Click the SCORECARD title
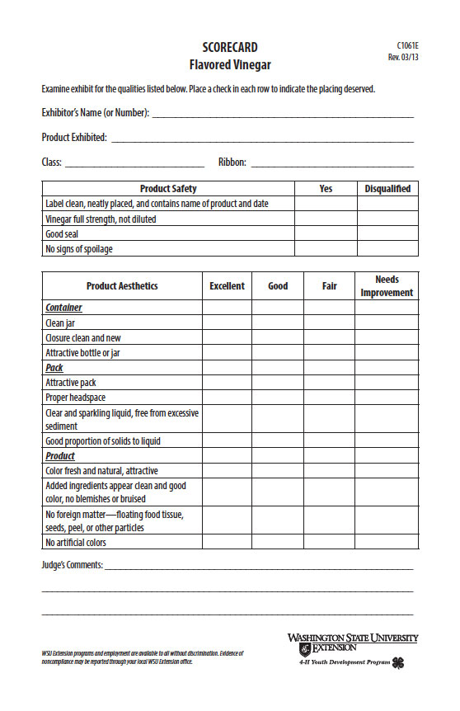[x=230, y=47]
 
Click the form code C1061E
[x=407, y=45]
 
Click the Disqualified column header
[x=387, y=189]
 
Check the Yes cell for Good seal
[x=326, y=234]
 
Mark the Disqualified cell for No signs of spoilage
[x=387, y=249]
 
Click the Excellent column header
[x=227, y=286]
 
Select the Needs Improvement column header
[x=387, y=286]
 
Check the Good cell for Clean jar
[x=278, y=323]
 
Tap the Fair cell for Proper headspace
[x=329, y=398]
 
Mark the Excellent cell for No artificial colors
[x=227, y=543]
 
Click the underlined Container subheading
[x=63, y=308]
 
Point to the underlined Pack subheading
[x=54, y=368]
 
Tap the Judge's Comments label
[x=73, y=565]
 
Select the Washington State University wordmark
[x=352, y=638]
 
